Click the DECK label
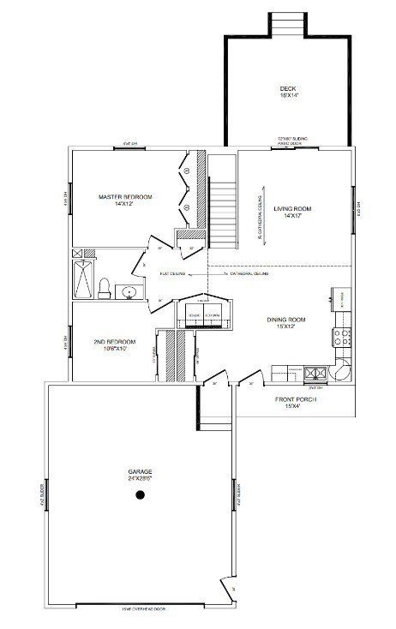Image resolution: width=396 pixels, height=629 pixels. click(x=287, y=89)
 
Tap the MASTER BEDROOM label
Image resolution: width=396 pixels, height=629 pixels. click(x=125, y=197)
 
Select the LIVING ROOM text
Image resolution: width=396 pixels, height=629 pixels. click(x=291, y=208)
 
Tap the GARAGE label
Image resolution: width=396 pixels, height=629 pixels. click(x=141, y=472)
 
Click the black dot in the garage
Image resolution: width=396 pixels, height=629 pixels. click(x=140, y=503)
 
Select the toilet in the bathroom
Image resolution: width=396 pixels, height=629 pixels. click(x=102, y=288)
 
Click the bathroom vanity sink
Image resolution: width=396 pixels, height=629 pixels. click(x=129, y=293)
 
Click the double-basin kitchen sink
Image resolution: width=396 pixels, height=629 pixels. click(x=312, y=373)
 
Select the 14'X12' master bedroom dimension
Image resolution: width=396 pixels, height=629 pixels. click(x=125, y=205)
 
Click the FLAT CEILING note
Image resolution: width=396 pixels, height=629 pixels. click(x=177, y=274)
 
